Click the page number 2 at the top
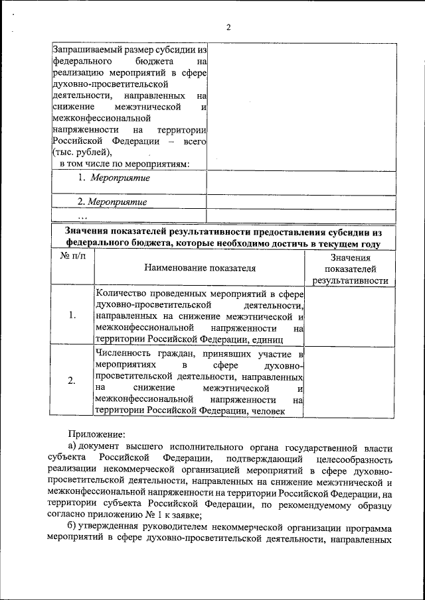(228, 27)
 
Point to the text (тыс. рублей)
(78, 153)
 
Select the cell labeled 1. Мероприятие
(112, 178)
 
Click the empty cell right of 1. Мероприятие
(301, 181)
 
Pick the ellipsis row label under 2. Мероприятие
(82, 215)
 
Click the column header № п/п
(72, 256)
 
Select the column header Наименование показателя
(199, 269)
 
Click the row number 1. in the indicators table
(72, 315)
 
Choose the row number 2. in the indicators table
(72, 381)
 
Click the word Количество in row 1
(120, 292)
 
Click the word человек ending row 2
(267, 411)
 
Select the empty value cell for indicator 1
(351, 315)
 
